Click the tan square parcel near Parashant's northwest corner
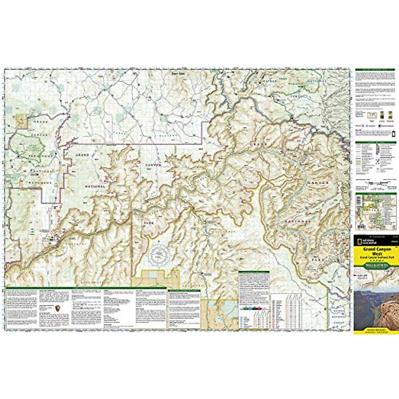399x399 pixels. click(x=22, y=120)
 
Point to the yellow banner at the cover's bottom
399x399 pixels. click(x=376, y=331)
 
